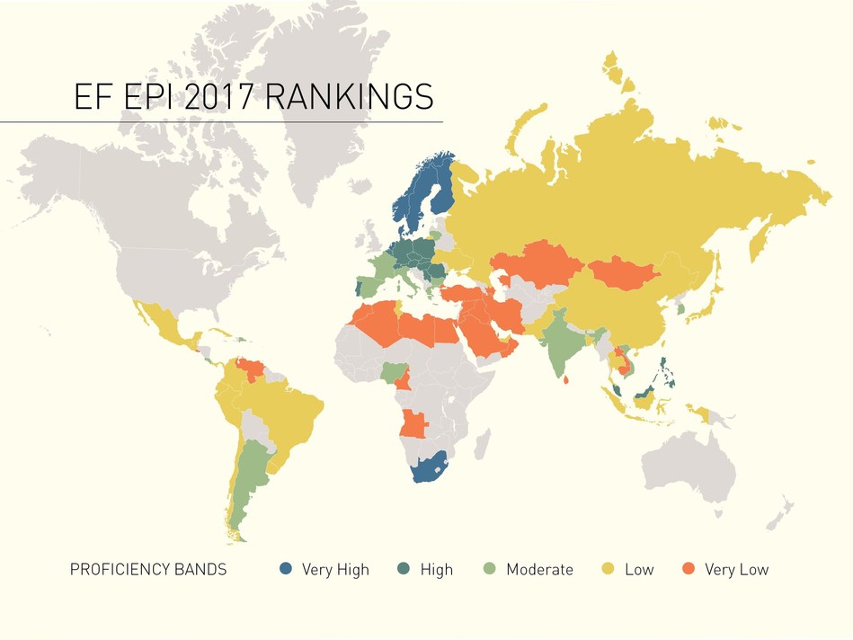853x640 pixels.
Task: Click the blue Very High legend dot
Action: pyautogui.click(x=286, y=569)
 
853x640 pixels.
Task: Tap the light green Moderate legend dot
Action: pyautogui.click(x=490, y=569)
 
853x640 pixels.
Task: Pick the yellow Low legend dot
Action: pyautogui.click(x=609, y=569)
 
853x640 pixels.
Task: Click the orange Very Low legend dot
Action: pyautogui.click(x=689, y=569)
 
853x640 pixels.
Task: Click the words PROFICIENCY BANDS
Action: pyautogui.click(x=148, y=570)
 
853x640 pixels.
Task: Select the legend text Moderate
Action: pyautogui.click(x=539, y=570)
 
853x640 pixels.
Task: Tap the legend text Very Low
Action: pyautogui.click(x=737, y=570)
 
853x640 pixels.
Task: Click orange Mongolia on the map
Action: pyautogui.click(x=626, y=271)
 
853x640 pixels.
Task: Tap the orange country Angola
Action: pyautogui.click(x=414, y=422)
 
